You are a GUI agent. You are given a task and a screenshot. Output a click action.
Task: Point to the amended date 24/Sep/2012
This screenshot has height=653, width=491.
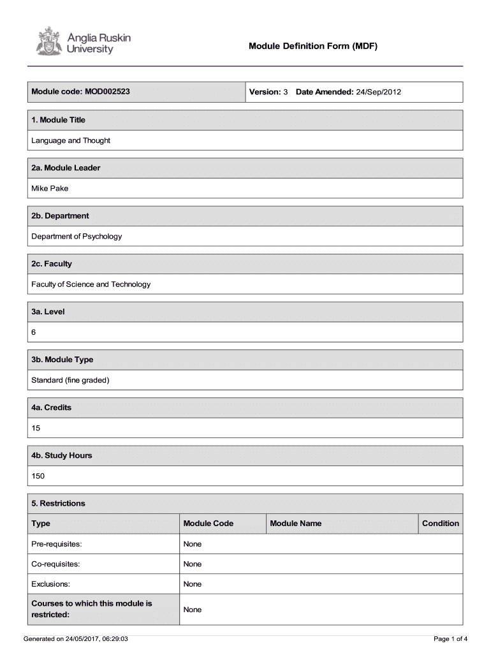[378, 92]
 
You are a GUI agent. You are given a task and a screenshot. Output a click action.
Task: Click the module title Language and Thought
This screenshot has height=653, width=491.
[71, 140]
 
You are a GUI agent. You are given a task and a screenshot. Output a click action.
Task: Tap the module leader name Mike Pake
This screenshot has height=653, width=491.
[50, 188]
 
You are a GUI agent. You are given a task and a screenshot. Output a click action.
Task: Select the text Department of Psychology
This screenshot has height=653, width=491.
[77, 236]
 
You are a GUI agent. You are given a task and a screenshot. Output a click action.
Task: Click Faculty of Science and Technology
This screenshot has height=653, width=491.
[91, 284]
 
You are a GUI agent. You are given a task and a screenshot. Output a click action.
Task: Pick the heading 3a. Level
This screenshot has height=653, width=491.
[48, 312]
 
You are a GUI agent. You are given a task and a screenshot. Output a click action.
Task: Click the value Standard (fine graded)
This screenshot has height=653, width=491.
[71, 380]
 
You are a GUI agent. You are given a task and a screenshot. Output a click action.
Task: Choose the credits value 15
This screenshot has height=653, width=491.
[36, 428]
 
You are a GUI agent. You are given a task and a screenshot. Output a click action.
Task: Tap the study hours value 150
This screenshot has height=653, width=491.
[38, 476]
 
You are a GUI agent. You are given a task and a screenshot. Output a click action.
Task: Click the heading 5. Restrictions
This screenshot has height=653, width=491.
[58, 503]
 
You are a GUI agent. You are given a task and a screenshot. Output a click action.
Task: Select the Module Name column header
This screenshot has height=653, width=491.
[296, 524]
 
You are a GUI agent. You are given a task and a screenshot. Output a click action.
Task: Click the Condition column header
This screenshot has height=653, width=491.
[440, 524]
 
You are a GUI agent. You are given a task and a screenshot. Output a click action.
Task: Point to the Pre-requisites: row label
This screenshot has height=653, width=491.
[57, 544]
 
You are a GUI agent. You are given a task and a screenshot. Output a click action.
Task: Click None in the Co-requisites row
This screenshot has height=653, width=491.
[192, 564]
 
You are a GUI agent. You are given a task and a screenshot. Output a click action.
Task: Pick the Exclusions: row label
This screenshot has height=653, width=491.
[51, 584]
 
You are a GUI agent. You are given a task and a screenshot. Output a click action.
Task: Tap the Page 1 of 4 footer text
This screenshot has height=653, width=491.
[450, 638]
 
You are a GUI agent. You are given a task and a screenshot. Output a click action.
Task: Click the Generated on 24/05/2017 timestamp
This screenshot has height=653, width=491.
[76, 638]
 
